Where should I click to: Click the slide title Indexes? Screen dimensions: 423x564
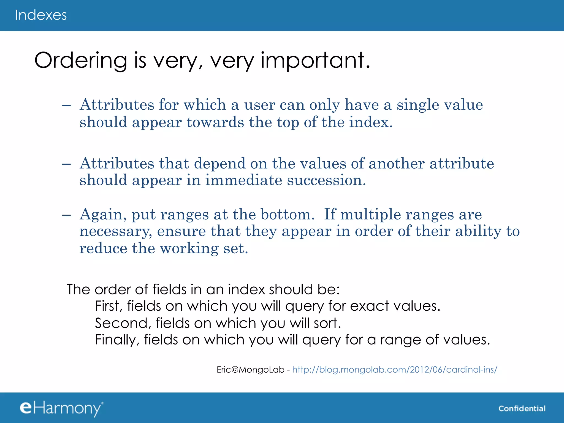(x=41, y=15)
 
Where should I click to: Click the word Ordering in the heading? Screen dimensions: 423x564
(x=80, y=61)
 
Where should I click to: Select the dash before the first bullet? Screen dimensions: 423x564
(x=66, y=106)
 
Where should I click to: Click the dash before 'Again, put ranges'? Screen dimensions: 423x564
(x=66, y=215)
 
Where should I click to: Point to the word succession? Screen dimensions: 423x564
(x=326, y=180)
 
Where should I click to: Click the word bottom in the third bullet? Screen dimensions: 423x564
(x=287, y=215)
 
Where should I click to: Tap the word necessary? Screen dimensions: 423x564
(x=115, y=231)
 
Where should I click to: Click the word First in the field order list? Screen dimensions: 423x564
(x=108, y=306)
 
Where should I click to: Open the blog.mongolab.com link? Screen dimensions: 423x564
(x=394, y=370)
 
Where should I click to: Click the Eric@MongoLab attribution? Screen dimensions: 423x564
(x=250, y=370)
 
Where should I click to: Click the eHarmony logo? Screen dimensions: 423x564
(x=61, y=408)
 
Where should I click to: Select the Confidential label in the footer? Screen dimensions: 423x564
(x=522, y=409)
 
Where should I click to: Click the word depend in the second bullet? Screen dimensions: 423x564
(x=219, y=164)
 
